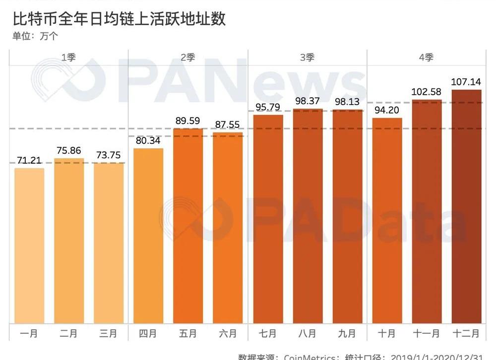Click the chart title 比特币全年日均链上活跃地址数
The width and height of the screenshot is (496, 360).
pos(119,19)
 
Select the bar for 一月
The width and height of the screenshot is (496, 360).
pos(29,245)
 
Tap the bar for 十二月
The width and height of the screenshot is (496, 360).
pos(466,206)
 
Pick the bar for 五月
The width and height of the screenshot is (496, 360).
pos(188,226)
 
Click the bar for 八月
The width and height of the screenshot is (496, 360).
pos(308,216)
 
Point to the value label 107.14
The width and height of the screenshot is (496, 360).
pos(466,82)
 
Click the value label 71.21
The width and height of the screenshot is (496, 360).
pos(29,161)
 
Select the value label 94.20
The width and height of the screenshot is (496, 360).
pos(387,110)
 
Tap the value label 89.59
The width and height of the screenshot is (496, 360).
pos(188,120)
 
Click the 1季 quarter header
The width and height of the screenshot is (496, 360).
pos(68,58)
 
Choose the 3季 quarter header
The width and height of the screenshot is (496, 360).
pos(308,58)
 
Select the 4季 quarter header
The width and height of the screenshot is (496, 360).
pos(427,58)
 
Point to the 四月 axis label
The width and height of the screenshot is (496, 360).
pos(148,333)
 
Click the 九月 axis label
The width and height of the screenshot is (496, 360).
pos(347,333)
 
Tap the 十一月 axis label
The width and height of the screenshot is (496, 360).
pos(427,333)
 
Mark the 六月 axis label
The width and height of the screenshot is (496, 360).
pos(228,333)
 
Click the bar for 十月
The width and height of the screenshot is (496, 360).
pos(387,221)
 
